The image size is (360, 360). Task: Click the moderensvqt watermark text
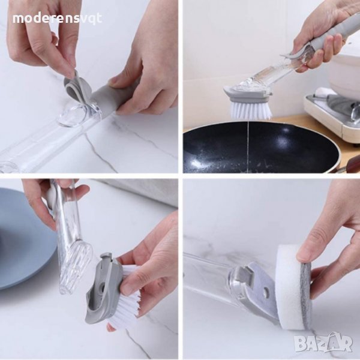57,19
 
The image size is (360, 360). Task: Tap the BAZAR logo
323,343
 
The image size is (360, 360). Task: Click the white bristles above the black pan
250,110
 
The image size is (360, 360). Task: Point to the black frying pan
259,147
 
